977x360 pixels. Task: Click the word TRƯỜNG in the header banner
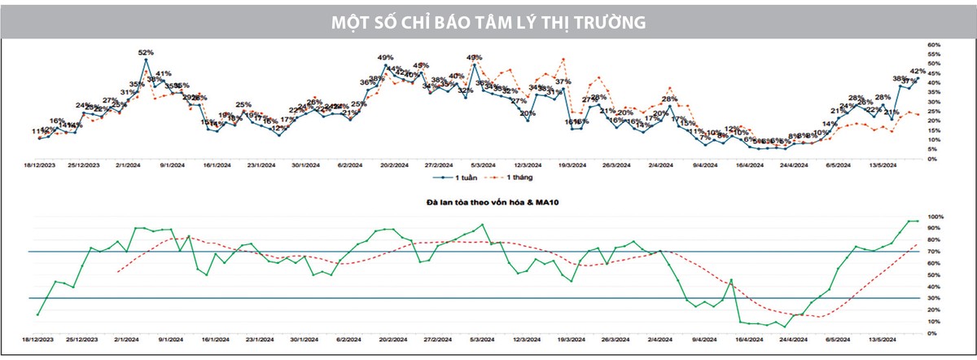click(607, 22)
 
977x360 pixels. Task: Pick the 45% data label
click(421, 65)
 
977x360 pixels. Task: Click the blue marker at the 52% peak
click(146, 59)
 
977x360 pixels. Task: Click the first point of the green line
click(37, 314)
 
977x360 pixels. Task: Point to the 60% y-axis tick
click(935, 46)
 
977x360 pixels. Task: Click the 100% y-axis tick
click(937, 217)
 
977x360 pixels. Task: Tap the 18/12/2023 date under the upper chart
click(38, 164)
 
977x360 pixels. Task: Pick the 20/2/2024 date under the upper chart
click(393, 164)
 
